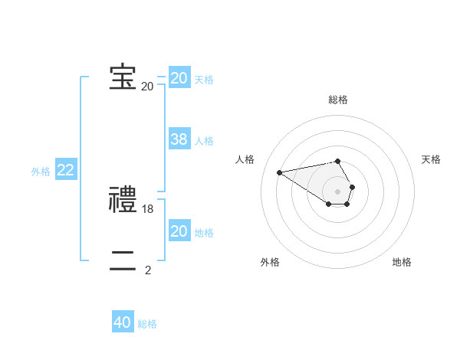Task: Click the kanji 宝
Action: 123,77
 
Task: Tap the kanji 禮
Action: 123,199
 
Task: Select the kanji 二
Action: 123,260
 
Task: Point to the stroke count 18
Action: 148,208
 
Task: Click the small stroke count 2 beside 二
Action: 148,270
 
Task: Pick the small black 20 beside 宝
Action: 147,87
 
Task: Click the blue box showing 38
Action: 179,139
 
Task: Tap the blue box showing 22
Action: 65,171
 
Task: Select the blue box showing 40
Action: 122,323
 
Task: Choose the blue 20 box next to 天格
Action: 179,78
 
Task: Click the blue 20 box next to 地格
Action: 179,231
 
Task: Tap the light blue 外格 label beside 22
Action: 41,172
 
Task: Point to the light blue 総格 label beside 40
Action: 147,324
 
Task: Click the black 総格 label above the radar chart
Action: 338,100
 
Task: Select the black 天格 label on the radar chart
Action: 431,159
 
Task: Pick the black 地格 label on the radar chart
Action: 402,262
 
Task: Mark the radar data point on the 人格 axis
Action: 279,172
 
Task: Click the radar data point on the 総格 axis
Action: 338,161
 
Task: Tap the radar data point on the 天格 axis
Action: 352,187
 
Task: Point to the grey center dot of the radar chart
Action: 338,191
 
